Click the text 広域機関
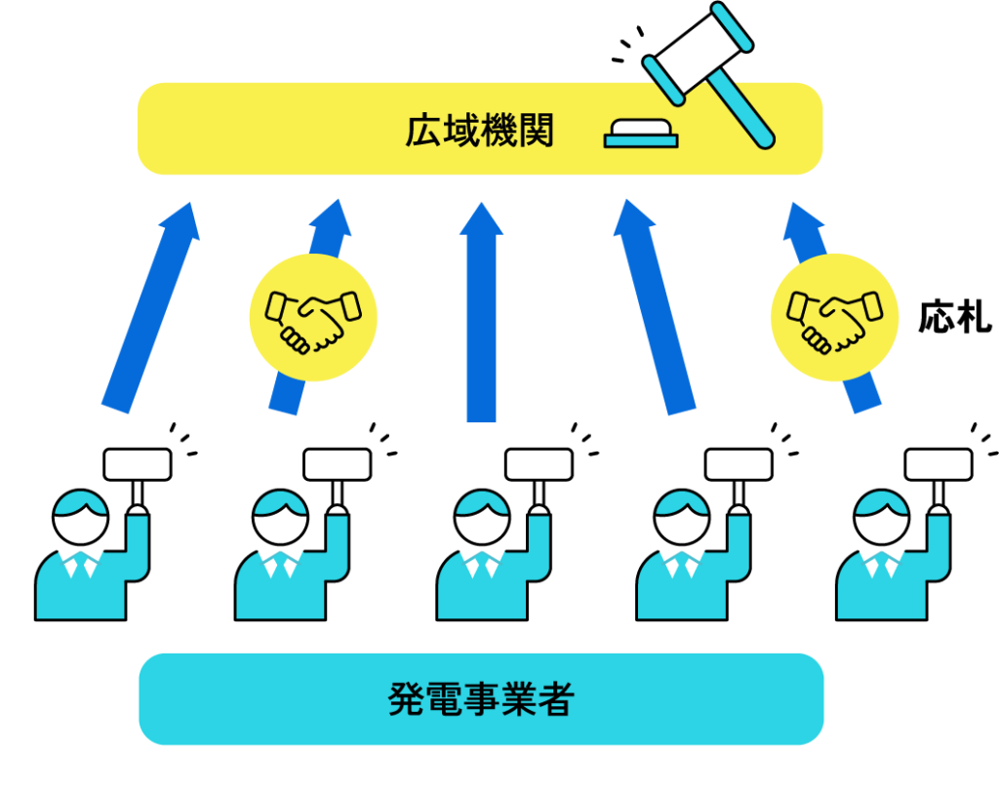click(479, 131)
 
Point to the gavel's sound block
click(640, 134)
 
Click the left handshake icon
click(313, 317)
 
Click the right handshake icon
click(835, 317)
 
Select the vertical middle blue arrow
click(482, 312)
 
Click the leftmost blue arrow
click(151, 307)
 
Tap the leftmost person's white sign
click(137, 464)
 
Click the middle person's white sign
click(539, 464)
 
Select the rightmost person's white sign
click(939, 464)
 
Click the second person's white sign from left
click(337, 464)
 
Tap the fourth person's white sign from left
click(739, 464)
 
